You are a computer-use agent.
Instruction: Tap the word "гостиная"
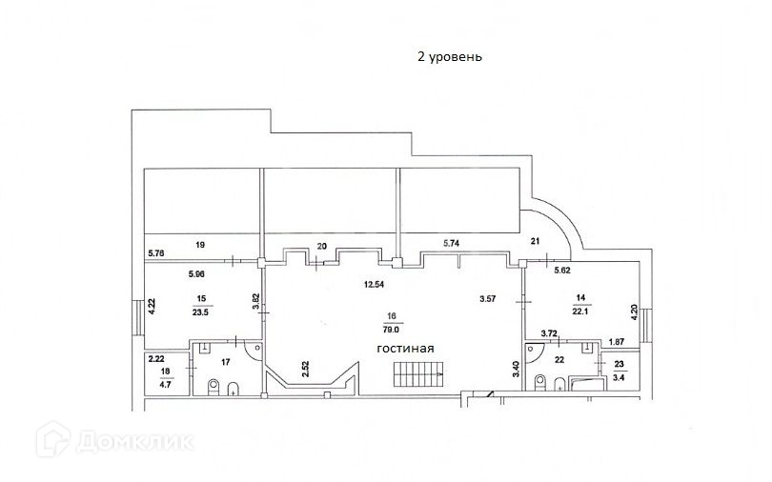[x=405, y=349]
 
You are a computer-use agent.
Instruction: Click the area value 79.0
[x=391, y=330]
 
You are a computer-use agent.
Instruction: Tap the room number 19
[x=200, y=245]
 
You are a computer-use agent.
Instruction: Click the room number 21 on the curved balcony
[x=535, y=242]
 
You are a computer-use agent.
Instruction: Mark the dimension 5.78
[x=156, y=252]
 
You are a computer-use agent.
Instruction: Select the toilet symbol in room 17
[x=212, y=386]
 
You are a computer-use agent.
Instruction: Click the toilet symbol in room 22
[x=541, y=384]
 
